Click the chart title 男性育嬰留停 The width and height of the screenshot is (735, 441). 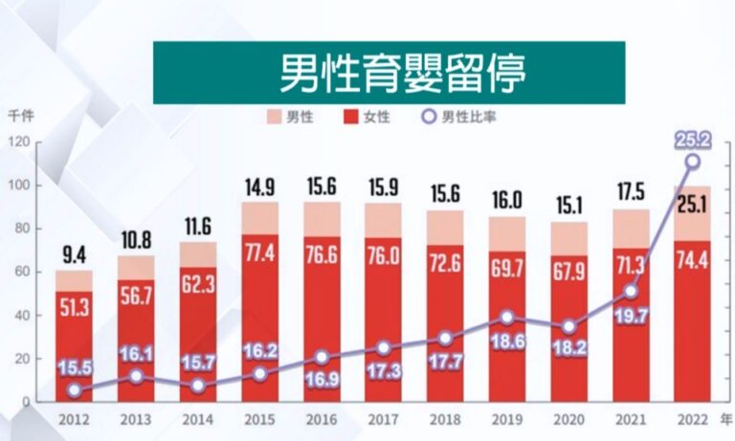pos(389,72)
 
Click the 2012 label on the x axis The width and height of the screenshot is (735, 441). pos(74,419)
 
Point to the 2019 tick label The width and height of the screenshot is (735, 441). pos(506,419)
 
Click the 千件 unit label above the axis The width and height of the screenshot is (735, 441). pos(20,117)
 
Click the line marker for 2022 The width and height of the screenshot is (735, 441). pos(691,162)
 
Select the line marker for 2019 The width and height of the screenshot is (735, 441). pos(507,318)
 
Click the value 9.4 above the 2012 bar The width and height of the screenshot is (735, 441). pos(74,255)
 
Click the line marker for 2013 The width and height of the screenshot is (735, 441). pos(136,376)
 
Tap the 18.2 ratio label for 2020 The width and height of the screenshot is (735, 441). pos(568,347)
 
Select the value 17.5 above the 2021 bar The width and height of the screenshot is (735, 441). pos(630,189)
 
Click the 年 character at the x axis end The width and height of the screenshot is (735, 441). pos(726,418)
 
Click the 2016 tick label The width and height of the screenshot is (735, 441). pos(322,419)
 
